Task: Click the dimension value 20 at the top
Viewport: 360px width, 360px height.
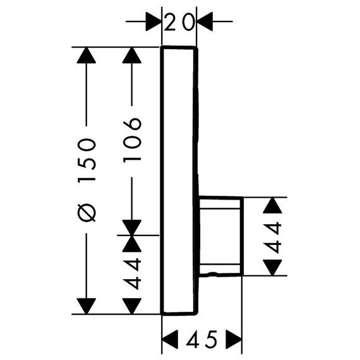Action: pos(179,22)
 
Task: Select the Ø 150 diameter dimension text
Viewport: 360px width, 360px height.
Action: pos(87,180)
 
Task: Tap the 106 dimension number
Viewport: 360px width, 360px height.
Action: pos(132,140)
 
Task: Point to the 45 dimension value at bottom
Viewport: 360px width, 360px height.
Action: pos(201,339)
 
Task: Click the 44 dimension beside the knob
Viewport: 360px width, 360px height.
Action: pos(272,237)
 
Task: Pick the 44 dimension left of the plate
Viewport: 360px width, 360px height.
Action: pos(132,273)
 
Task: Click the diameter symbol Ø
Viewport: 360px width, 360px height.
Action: pos(87,213)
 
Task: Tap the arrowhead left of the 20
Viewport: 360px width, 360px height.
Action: pos(154,21)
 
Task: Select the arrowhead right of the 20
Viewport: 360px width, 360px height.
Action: pos(205,21)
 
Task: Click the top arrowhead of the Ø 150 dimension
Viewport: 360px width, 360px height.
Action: pos(87,55)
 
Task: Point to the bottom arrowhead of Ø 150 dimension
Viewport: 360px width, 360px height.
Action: pos(87,306)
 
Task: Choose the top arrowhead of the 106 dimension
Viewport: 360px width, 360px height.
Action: pos(132,55)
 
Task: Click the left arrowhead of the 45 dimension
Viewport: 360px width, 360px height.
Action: pos(170,339)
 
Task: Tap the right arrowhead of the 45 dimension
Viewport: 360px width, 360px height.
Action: pos(234,339)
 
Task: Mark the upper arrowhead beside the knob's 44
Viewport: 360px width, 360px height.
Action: pos(272,205)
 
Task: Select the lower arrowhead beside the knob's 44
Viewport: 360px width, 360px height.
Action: pos(272,268)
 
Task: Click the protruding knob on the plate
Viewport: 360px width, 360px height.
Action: pos(220,236)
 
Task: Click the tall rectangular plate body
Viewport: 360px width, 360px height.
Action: pos(179,181)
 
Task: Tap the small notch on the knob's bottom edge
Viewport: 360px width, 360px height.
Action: pos(212,273)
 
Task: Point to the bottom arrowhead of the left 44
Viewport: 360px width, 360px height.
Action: pos(132,306)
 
